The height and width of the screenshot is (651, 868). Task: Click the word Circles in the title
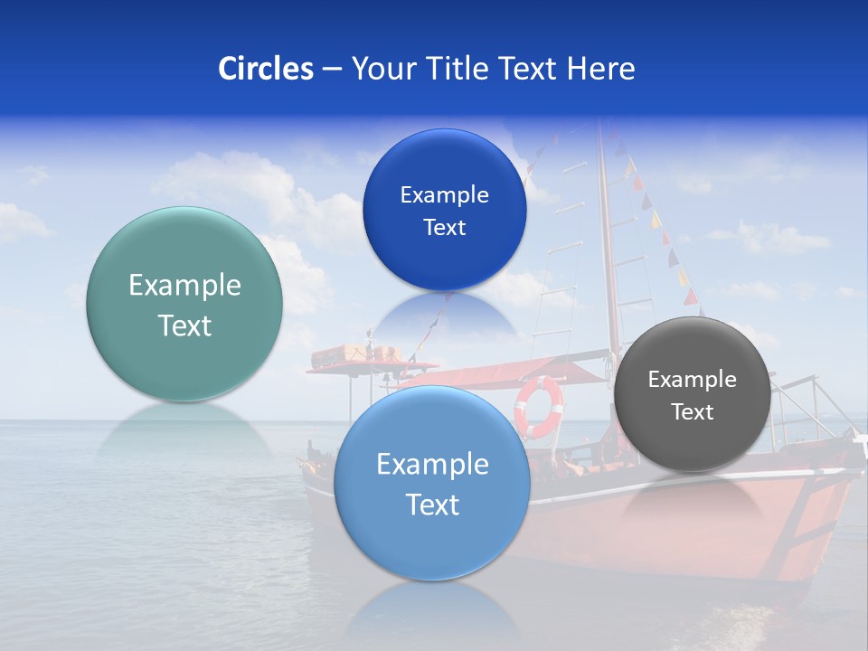265,69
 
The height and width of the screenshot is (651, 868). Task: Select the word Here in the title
601,69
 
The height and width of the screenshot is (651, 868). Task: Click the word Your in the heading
381,69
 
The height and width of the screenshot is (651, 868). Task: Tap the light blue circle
432,542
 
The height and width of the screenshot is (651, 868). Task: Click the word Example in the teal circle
184,286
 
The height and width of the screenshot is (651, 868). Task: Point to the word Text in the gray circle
693,412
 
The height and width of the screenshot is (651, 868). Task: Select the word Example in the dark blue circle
444,195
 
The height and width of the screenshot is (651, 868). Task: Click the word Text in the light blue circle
432,505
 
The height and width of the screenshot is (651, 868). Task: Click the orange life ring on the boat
539,406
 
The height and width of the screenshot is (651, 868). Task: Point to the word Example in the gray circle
693,380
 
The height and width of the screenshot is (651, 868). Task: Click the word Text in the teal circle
184,326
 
